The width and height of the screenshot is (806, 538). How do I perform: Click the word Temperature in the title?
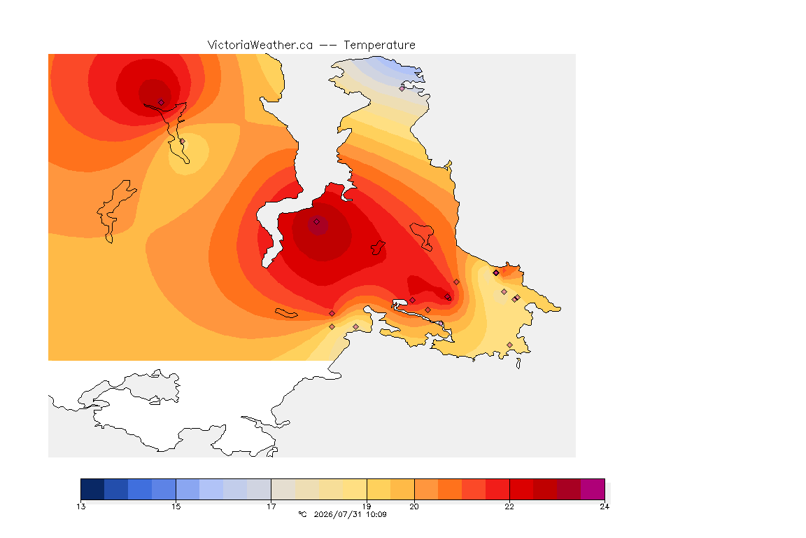379,46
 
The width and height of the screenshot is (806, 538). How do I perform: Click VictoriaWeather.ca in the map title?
260,46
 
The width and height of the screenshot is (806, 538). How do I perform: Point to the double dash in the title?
328,46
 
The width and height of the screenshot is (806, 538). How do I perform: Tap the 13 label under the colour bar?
81,506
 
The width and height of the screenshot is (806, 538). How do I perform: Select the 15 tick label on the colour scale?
176,506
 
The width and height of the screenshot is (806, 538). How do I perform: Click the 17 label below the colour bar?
271,506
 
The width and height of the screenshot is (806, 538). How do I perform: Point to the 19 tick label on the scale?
367,506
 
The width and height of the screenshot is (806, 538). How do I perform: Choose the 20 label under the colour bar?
413,506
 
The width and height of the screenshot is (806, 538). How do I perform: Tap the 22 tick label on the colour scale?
509,506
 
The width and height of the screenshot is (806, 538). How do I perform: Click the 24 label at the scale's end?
604,506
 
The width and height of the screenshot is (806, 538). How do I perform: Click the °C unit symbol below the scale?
302,514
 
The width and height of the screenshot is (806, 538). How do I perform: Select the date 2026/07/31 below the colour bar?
338,514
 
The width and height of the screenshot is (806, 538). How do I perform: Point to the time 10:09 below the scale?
376,514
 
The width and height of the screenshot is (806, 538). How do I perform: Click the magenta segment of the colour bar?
593,489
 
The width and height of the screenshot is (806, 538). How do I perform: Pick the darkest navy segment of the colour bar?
92,489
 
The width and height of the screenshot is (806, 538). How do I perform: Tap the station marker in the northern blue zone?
402,88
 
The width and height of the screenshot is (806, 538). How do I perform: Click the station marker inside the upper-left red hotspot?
162,102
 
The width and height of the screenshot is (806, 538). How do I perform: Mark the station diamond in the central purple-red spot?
317,222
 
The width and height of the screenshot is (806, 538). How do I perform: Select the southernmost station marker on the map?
509,345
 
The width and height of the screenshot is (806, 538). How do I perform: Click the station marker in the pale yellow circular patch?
182,141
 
